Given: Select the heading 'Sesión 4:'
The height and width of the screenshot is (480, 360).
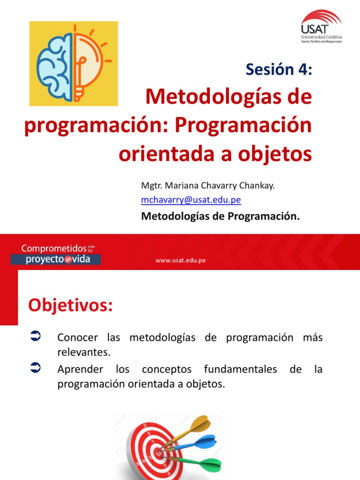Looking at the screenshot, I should tap(278, 69).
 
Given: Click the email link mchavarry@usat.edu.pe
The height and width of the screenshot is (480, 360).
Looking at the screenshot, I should tap(191, 200).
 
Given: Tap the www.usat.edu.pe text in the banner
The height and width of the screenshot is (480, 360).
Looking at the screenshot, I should tap(180, 261).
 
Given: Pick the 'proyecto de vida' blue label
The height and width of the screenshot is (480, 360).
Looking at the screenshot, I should tap(55, 259).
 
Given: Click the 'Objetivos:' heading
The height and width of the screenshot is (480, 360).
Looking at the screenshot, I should tap(70, 305).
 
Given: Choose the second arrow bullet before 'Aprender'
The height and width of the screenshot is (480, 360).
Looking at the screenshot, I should tap(36, 367).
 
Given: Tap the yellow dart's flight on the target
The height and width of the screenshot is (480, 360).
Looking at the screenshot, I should tap(200, 423).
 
